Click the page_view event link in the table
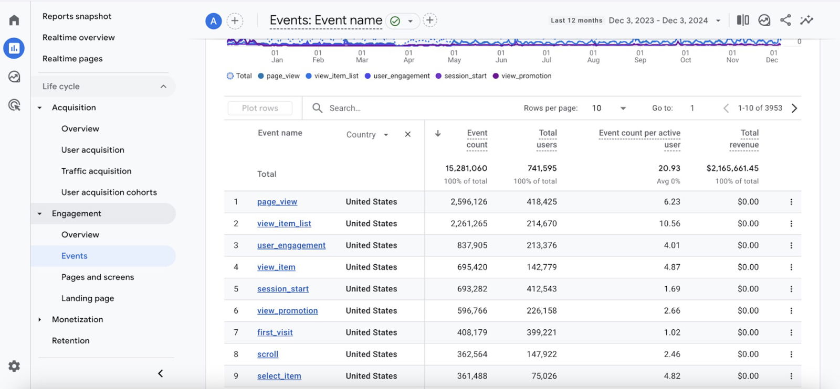[277, 202]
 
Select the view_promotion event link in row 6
[287, 311]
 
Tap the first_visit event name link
[275, 332]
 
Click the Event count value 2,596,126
[468, 202]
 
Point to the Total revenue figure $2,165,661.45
[732, 168]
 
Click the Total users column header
[547, 139]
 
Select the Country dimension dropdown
[367, 135]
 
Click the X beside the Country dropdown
[407, 135]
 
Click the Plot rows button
[260, 108]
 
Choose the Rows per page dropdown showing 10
[609, 108]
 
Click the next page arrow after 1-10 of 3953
[794, 108]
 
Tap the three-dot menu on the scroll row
[791, 354]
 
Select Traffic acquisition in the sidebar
[96, 171]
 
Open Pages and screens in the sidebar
[97, 277]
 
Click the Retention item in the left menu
[70, 340]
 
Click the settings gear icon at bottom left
[14, 366]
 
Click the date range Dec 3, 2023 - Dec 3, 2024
[658, 20]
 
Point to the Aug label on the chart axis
[593, 60]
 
